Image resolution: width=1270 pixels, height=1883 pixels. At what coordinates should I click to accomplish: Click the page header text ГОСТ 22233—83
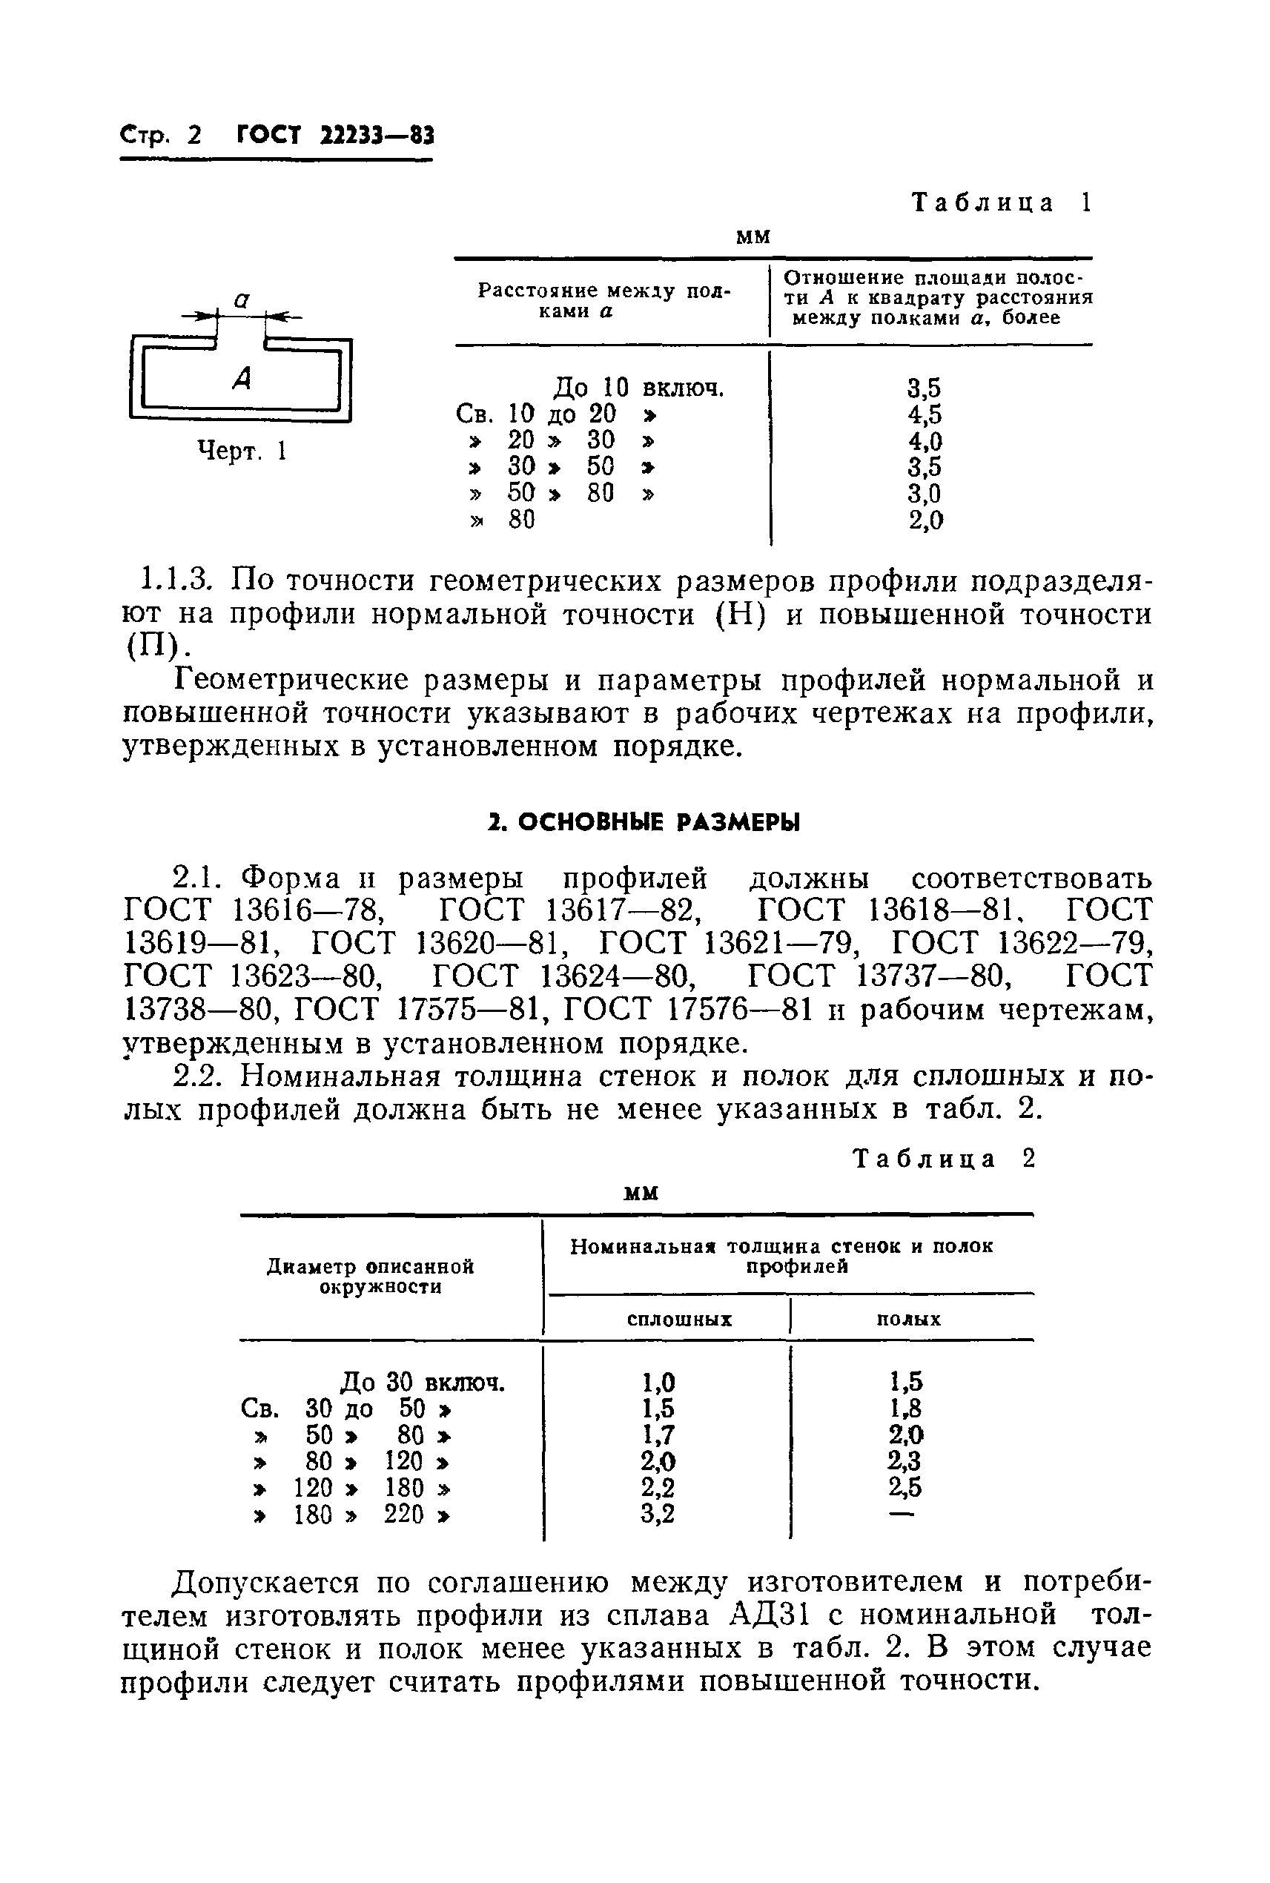[x=335, y=134]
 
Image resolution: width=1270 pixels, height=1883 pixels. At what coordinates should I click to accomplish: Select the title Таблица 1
[x=1002, y=202]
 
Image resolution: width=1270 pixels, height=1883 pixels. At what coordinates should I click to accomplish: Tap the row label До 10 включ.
[x=638, y=388]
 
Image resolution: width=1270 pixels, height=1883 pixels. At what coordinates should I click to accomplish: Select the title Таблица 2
[x=945, y=1159]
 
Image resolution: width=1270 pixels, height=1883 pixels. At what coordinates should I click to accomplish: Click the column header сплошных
[x=680, y=1320]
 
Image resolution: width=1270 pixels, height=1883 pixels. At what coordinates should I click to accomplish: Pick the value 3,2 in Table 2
[x=658, y=1514]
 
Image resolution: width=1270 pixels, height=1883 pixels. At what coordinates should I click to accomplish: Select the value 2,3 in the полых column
[x=904, y=1461]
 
